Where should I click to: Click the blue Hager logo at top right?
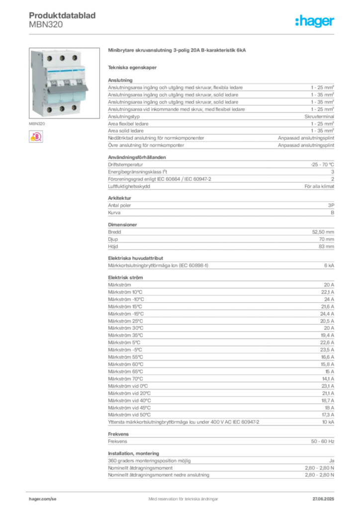click(x=315, y=21)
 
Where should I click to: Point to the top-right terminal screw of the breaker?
click(x=75, y=58)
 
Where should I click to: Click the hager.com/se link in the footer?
click(x=43, y=498)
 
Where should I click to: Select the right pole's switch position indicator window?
click(x=76, y=79)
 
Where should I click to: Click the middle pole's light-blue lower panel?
click(x=64, y=96)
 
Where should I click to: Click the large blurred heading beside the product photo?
click(x=177, y=50)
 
